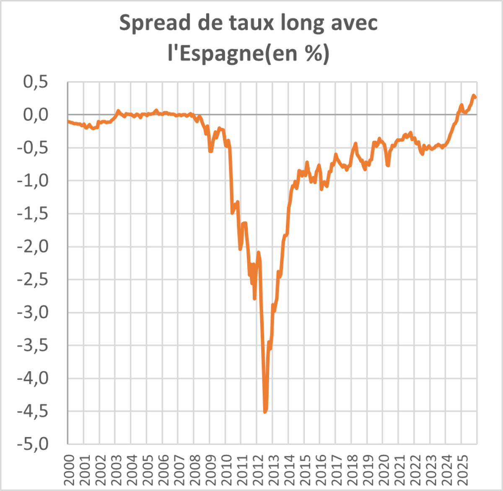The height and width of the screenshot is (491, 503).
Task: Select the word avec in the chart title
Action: [354, 23]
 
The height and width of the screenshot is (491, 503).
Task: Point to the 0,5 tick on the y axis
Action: [36, 82]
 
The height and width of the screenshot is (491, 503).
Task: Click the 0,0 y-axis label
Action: [36, 115]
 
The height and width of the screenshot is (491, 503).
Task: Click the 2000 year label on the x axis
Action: [68, 470]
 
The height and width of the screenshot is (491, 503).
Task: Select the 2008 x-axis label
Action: [194, 470]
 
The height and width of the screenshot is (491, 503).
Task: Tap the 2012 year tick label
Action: [257, 470]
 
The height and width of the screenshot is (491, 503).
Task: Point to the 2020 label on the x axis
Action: [383, 470]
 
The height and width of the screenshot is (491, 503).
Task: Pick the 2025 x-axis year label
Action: [461, 470]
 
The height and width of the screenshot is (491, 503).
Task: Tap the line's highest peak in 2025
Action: [474, 96]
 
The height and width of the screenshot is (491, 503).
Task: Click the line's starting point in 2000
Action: [68, 121]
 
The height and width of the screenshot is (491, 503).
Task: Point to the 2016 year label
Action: [320, 470]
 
